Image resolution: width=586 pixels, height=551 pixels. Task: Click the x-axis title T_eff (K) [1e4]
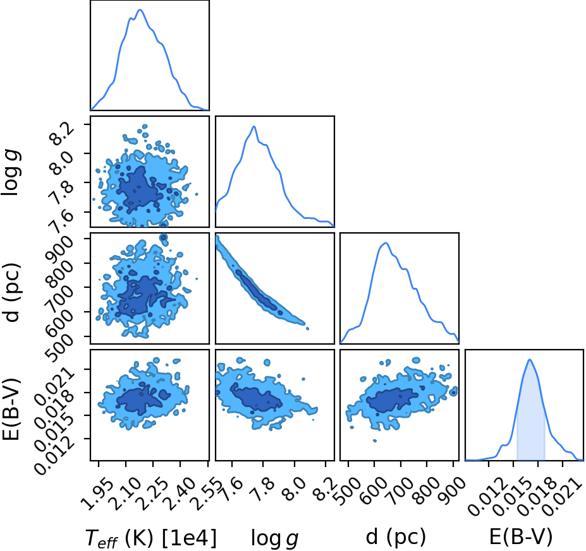(151, 538)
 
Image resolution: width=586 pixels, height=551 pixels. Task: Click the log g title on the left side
(11, 172)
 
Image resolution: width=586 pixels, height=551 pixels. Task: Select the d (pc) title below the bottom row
(396, 537)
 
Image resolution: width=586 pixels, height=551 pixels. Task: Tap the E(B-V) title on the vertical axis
(11, 409)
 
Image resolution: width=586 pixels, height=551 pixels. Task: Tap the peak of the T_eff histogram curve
(140, 10)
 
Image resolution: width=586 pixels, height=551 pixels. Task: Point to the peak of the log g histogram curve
(254, 127)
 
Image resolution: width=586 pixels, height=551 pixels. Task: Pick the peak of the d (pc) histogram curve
(386, 243)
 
